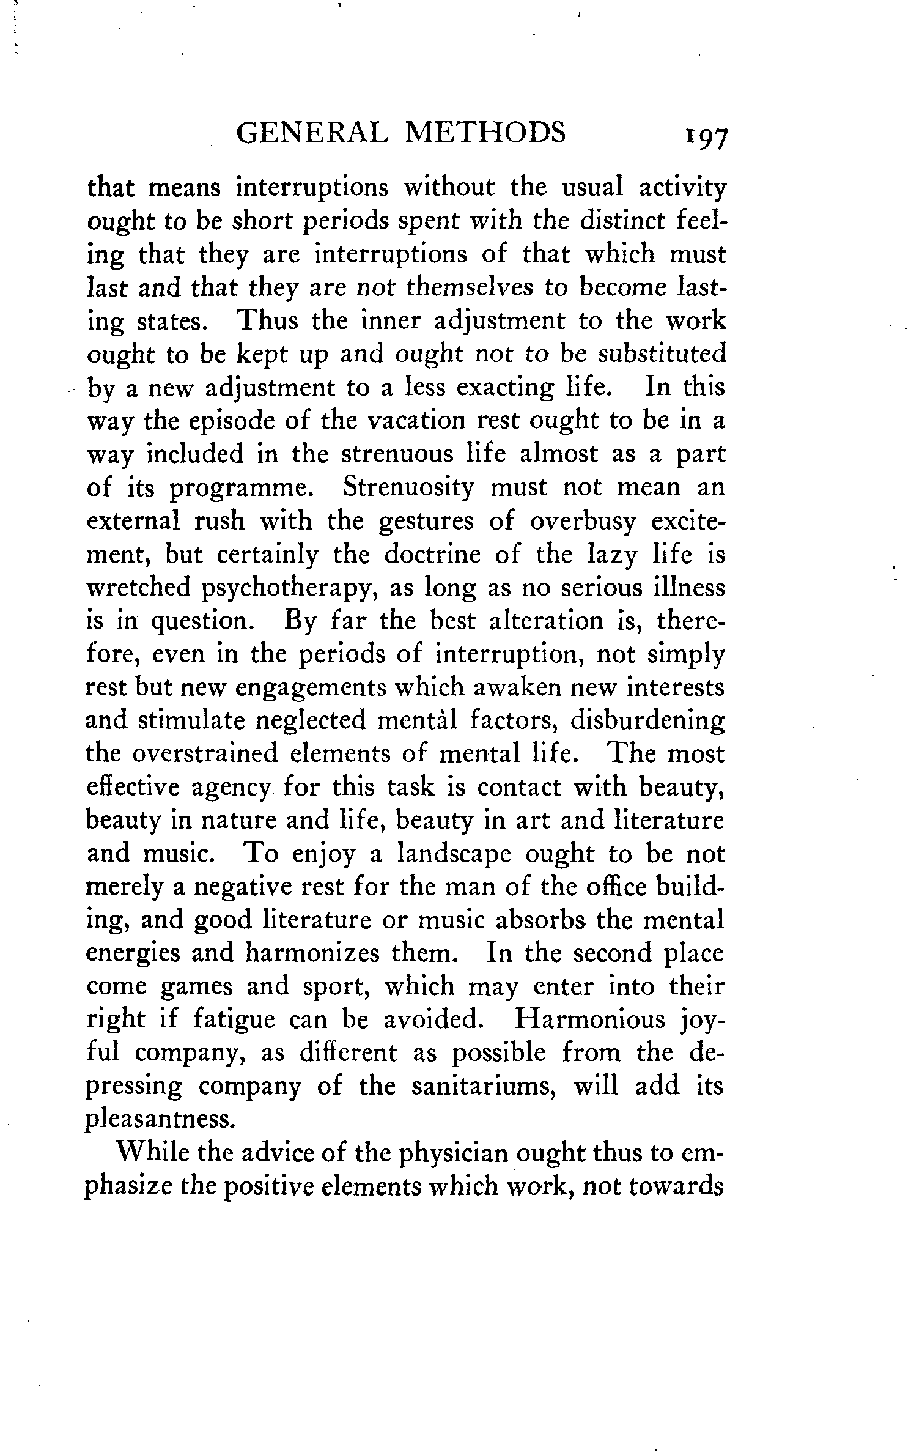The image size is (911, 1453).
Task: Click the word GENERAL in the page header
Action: pyautogui.click(x=311, y=133)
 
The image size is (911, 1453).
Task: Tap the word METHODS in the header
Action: pyautogui.click(x=485, y=133)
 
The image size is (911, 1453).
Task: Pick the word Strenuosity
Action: pyautogui.click(x=408, y=487)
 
